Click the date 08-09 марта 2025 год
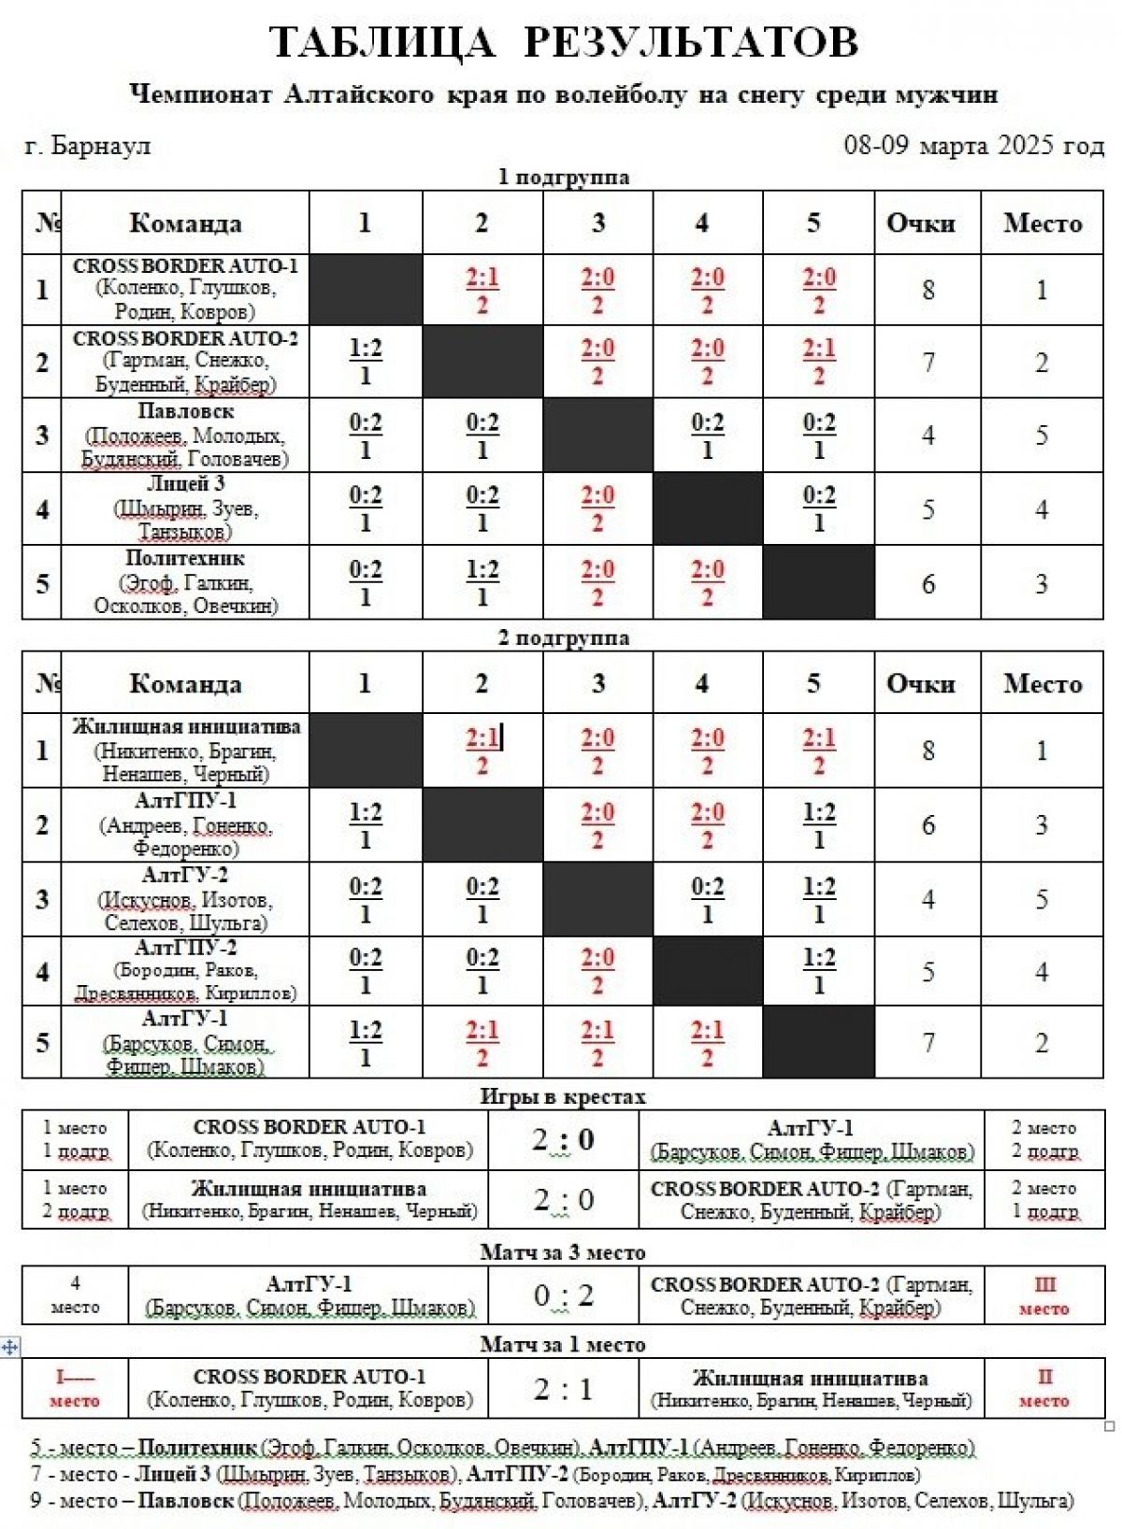click(973, 146)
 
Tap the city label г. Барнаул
click(87, 147)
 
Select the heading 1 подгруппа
click(563, 177)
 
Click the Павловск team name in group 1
click(185, 411)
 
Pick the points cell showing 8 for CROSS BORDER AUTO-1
click(928, 290)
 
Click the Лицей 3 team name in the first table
click(185, 484)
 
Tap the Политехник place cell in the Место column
click(1042, 583)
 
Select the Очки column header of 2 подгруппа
click(921, 683)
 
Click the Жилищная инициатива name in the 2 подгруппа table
click(186, 727)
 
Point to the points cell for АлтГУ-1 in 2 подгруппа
click(928, 1042)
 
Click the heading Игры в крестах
click(563, 1096)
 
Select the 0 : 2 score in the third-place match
click(563, 1295)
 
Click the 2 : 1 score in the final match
click(563, 1389)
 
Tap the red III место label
click(1043, 1296)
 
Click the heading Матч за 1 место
click(563, 1344)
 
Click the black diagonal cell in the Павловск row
click(597, 435)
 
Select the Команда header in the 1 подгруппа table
click(185, 222)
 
